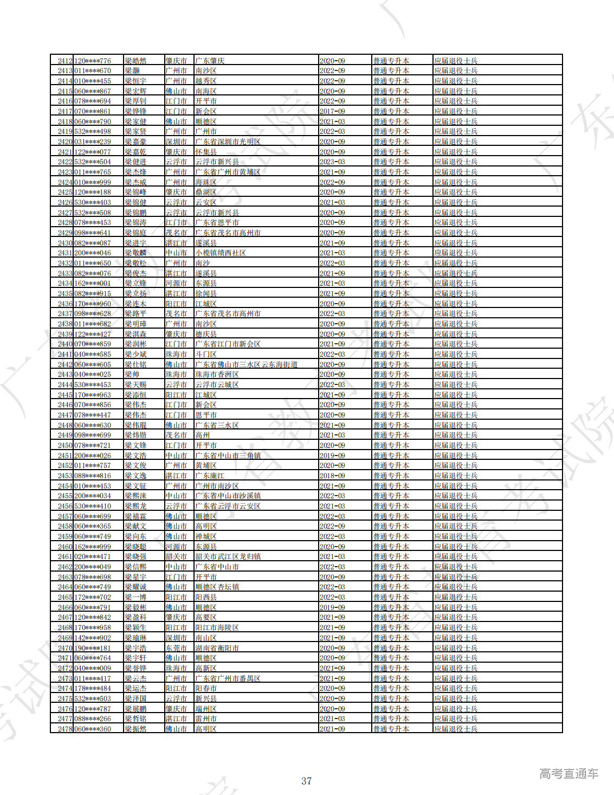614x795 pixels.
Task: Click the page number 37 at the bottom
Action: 307,781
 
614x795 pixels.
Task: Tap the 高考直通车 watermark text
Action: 568,774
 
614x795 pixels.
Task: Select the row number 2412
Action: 65,61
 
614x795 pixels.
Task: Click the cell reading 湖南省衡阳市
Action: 217,648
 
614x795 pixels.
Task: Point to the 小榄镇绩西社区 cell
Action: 220,253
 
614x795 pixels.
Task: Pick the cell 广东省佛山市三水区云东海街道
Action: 246,364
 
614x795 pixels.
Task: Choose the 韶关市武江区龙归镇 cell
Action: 228,557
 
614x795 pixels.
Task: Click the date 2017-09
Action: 332,111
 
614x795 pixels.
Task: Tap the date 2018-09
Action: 332,476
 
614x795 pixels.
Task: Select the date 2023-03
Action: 332,162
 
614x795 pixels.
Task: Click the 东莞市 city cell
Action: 176,648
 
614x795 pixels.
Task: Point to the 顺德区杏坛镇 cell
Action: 217,587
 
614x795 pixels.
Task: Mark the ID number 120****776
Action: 93,61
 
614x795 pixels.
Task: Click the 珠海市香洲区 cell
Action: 217,375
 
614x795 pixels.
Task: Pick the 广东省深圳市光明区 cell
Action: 228,142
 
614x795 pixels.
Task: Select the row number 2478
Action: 65,729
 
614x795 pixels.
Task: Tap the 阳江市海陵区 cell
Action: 217,627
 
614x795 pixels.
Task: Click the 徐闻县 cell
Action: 206,293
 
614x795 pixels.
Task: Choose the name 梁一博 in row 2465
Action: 135,597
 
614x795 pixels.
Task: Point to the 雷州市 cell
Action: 206,719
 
